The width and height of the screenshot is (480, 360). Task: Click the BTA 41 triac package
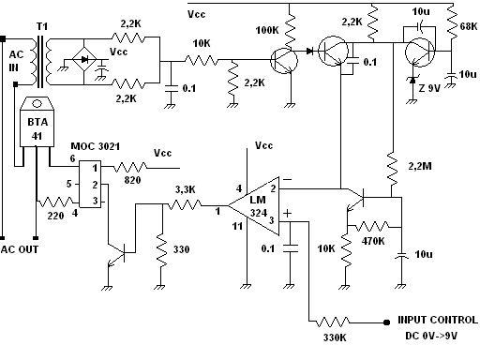37,122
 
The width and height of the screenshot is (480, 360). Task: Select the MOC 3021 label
96,146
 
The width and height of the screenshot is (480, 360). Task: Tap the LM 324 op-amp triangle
254,205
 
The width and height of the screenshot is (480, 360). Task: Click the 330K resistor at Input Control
333,322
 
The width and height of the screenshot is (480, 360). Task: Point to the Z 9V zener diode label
429,88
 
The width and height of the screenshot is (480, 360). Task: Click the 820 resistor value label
132,180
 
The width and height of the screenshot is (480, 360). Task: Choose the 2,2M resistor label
420,166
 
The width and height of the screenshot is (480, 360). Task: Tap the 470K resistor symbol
374,226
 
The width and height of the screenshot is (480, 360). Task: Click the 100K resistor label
267,30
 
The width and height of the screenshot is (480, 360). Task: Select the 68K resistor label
469,26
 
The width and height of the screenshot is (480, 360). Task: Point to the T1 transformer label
42,26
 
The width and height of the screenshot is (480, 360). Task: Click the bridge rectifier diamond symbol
84,59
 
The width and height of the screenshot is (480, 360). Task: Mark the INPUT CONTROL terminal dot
386,322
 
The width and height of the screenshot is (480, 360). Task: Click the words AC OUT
20,249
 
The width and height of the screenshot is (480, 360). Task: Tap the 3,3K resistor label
185,189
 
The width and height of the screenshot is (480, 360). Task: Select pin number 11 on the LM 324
237,226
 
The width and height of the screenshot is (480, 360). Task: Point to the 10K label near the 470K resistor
326,248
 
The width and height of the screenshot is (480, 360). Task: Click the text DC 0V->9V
431,336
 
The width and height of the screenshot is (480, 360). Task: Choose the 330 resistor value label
181,249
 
